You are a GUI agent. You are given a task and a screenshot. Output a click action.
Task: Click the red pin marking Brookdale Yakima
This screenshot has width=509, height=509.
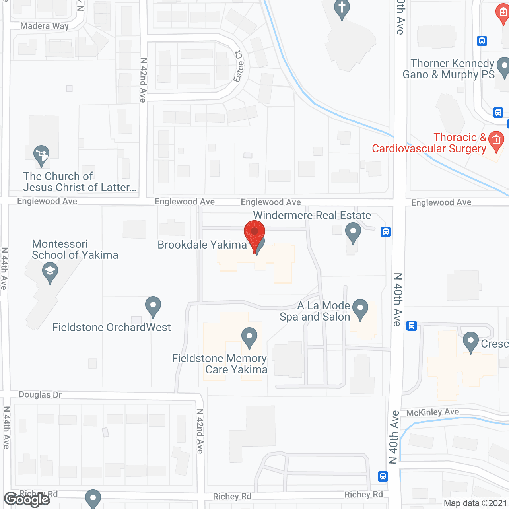point(254,233)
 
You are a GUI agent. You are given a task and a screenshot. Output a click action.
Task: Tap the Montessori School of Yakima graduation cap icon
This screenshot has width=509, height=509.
point(50,272)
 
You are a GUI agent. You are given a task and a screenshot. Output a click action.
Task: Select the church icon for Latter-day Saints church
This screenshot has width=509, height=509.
point(41,154)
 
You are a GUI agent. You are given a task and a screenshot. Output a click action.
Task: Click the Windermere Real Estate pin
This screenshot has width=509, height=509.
point(353,231)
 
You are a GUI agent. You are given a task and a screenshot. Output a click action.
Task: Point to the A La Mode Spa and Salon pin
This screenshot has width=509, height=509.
point(360,308)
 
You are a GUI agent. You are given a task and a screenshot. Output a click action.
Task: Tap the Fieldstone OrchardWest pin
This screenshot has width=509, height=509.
point(153,306)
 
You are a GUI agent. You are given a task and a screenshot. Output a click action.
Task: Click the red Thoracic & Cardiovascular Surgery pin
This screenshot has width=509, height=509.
point(496,140)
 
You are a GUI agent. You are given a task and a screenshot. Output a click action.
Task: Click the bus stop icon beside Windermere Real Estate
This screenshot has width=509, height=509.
point(385,231)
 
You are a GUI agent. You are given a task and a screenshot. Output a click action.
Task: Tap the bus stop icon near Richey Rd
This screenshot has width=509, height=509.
point(383,476)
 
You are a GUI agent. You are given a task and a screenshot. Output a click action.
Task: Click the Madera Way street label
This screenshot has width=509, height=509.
point(45,26)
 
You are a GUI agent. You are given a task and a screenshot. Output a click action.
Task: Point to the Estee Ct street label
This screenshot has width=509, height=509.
point(239,66)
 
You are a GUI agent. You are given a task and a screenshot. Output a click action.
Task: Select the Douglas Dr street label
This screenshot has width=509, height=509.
point(40,395)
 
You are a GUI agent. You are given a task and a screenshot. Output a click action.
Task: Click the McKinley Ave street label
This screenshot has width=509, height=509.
point(433,412)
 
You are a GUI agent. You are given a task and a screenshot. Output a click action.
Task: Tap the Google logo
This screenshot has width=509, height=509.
point(27,499)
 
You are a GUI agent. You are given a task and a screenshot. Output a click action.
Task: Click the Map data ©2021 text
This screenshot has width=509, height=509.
point(475,503)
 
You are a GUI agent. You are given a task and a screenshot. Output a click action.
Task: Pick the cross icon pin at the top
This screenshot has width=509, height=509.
point(342,8)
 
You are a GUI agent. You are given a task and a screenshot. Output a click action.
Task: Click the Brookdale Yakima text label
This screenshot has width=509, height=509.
point(202,245)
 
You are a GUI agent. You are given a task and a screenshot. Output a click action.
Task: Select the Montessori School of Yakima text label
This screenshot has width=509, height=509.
point(75,249)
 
